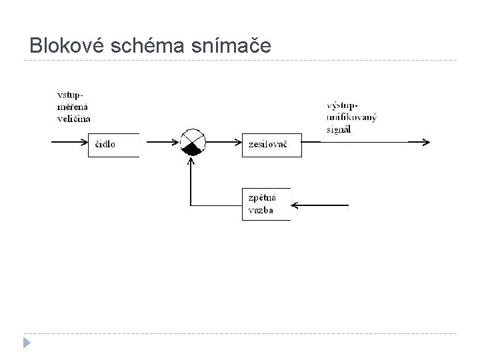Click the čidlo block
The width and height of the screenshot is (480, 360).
point(113,145)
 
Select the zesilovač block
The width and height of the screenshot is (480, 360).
point(271,145)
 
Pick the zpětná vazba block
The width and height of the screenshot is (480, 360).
point(266,204)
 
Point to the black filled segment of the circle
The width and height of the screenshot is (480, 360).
point(193,149)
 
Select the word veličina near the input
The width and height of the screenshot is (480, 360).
point(73,119)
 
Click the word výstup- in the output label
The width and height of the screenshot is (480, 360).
point(343,105)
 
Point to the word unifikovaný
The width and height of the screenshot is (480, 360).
point(352,117)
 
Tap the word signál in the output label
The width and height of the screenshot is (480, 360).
point(339,129)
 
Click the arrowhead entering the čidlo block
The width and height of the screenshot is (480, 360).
point(85,142)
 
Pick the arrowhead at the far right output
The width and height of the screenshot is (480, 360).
point(426,142)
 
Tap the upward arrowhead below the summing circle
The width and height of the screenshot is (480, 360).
point(191,158)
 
